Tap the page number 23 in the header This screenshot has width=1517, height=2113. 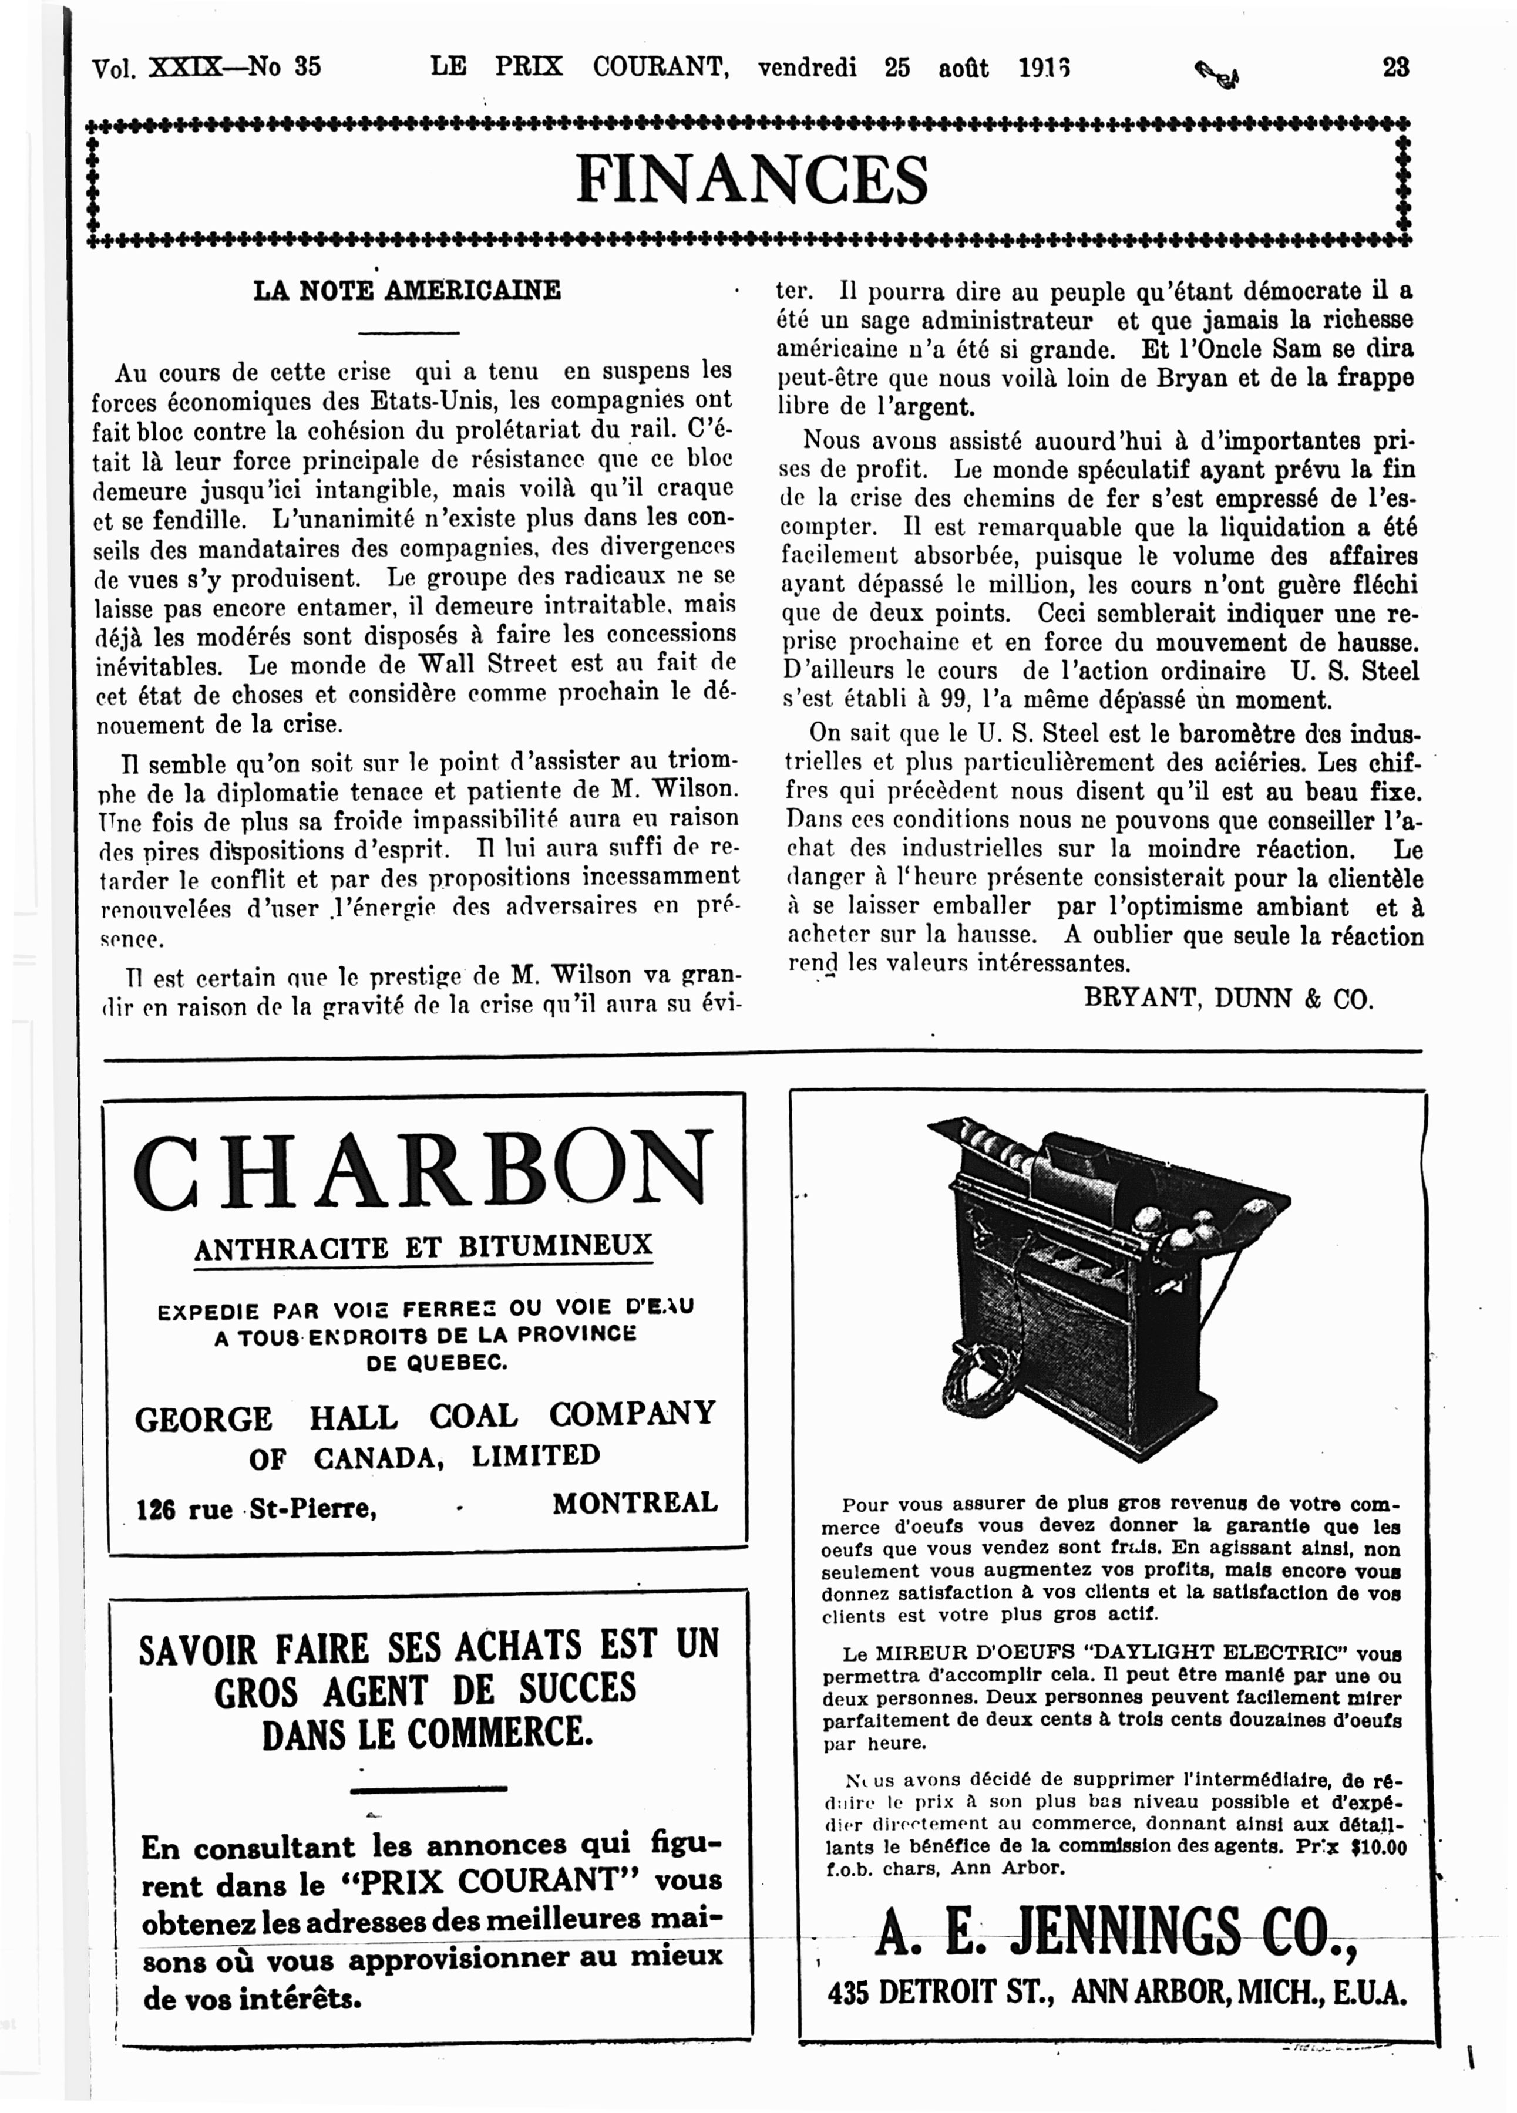click(x=1395, y=67)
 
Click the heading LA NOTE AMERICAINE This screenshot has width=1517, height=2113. click(x=407, y=291)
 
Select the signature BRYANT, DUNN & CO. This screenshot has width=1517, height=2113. click(x=1228, y=999)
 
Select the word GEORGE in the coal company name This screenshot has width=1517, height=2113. click(x=203, y=1419)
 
